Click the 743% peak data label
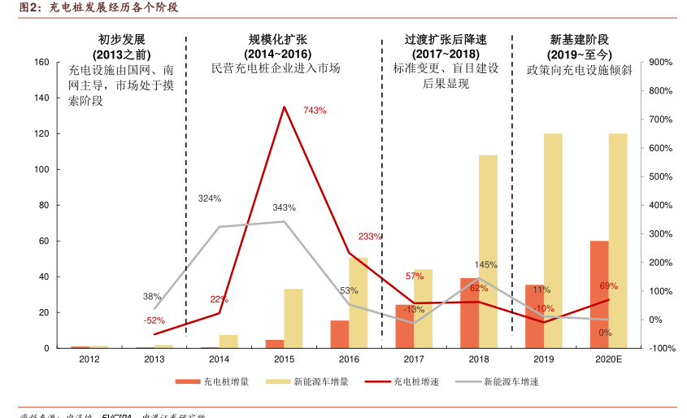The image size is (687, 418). click(315, 111)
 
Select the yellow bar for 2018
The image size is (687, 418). click(488, 251)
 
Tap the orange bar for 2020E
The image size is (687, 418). click(598, 294)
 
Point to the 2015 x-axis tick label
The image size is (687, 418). click(284, 359)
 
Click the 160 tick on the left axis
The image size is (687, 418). click(41, 63)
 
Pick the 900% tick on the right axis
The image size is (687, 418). click(662, 63)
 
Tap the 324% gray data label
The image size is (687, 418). click(210, 198)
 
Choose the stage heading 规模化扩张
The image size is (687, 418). click(278, 39)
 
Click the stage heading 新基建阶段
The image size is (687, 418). click(579, 39)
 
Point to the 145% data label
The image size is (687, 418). click(486, 265)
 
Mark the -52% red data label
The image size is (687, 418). click(154, 320)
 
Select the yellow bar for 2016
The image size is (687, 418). click(358, 303)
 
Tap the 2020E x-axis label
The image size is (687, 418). click(608, 359)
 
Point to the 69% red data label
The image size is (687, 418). click(608, 286)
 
